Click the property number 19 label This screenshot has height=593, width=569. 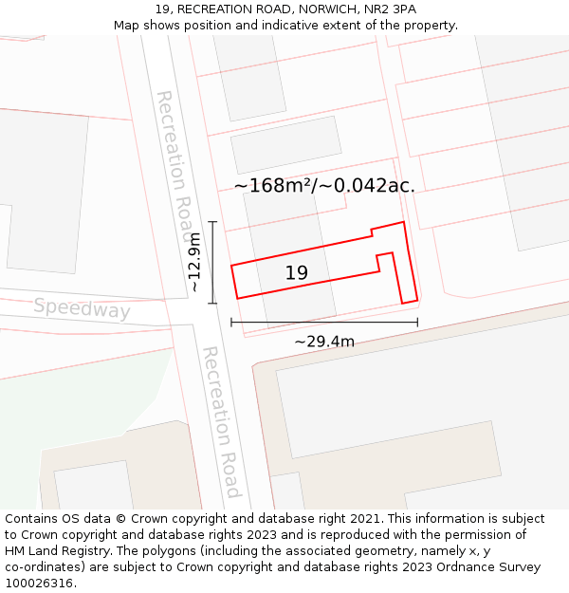coord(297,273)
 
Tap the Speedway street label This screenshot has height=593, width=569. coord(82,309)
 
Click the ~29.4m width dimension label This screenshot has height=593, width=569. coord(324,342)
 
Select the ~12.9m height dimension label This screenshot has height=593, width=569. coord(194,262)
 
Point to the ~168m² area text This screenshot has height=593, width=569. coord(274,185)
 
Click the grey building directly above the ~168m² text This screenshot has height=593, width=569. coord(285,144)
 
